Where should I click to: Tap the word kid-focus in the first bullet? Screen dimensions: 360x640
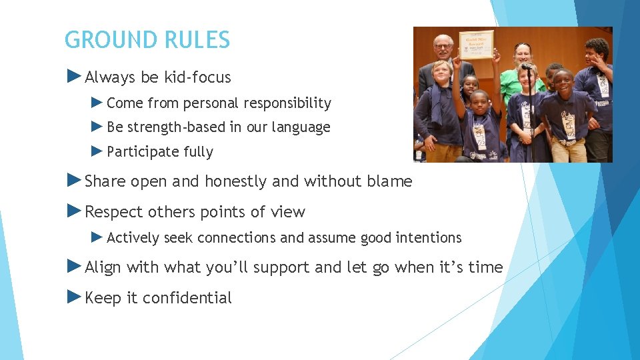pyautogui.click(x=199, y=77)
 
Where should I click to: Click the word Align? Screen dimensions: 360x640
pyautogui.click(x=103, y=267)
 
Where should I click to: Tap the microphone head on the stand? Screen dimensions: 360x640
pyautogui.click(x=527, y=67)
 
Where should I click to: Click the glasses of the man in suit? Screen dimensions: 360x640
pyautogui.click(x=443, y=46)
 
